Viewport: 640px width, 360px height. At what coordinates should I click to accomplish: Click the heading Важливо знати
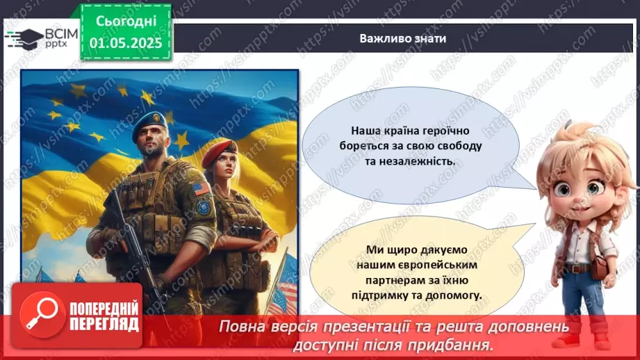[402, 38]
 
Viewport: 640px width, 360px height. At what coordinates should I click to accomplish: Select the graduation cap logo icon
[23, 38]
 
